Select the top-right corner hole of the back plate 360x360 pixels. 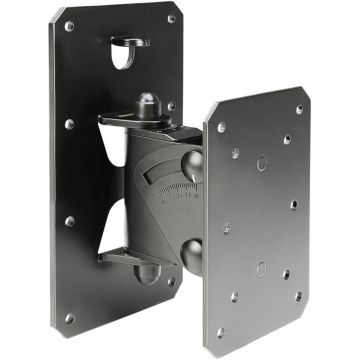[x=171, y=18]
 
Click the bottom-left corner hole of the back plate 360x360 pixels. [x=69, y=318]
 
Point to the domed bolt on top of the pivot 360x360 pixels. [x=147, y=105]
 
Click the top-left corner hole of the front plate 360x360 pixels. [x=221, y=128]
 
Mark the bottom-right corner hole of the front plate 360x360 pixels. [x=297, y=296]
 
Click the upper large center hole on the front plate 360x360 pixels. [x=262, y=161]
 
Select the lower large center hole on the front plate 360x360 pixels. [x=262, y=268]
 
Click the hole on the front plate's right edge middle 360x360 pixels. [x=295, y=204]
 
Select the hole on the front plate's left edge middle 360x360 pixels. [x=228, y=226]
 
